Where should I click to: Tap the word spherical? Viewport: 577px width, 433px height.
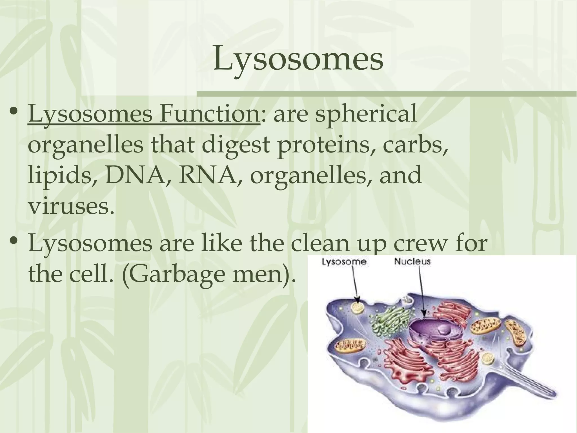tap(365, 114)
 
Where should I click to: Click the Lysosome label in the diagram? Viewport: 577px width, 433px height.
tap(344, 262)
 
